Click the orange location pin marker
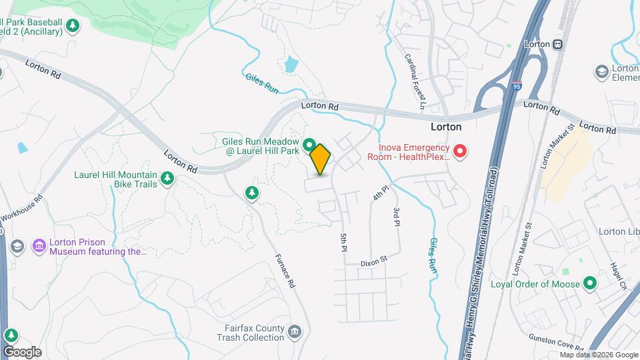pos(321,159)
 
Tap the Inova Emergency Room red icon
pos(460,153)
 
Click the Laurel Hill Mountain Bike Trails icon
pos(167,178)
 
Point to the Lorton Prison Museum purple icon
pos(39,247)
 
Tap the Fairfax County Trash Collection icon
pos(296,331)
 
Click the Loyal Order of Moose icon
pos(589,284)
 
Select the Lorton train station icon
pos(557,44)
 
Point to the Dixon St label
pos(374,262)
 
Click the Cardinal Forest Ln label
pos(414,81)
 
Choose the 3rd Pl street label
pos(396,217)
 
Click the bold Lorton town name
pos(446,126)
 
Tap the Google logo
pos(22,352)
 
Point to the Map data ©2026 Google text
pos(598,355)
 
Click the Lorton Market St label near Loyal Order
pos(521,250)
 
